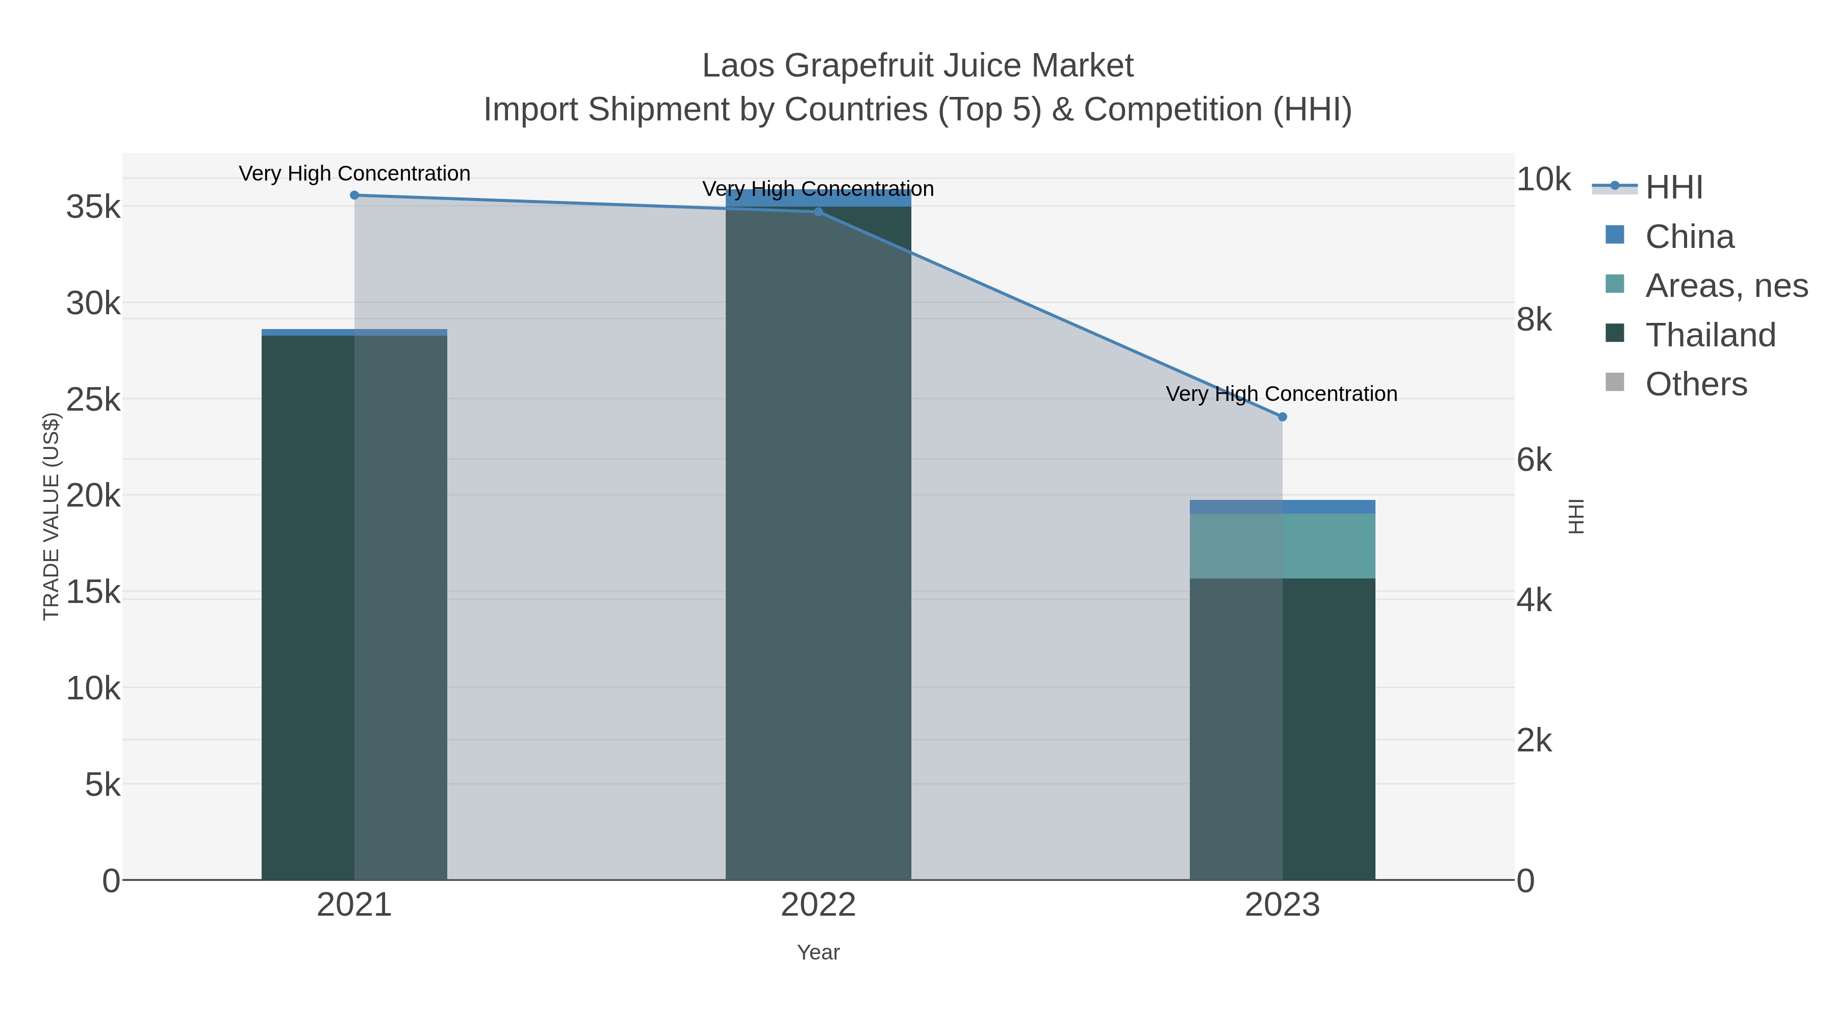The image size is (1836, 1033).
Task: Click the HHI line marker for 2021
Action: click(x=354, y=195)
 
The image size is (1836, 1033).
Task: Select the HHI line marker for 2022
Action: click(x=818, y=212)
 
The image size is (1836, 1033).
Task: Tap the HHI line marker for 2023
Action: click(x=1282, y=417)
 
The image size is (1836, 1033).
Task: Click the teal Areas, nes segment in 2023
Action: click(x=1282, y=546)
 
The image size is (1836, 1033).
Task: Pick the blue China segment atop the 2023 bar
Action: click(x=1282, y=507)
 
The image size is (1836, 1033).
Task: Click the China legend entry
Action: click(x=1689, y=237)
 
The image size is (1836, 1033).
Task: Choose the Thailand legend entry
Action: click(x=1710, y=335)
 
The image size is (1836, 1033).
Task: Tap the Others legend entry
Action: click(x=1696, y=384)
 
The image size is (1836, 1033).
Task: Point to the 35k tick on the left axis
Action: click(x=93, y=208)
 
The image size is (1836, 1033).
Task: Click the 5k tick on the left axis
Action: click(x=103, y=785)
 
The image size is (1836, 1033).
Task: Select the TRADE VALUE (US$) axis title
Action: click(x=52, y=516)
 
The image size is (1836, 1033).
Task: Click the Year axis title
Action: click(x=818, y=952)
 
